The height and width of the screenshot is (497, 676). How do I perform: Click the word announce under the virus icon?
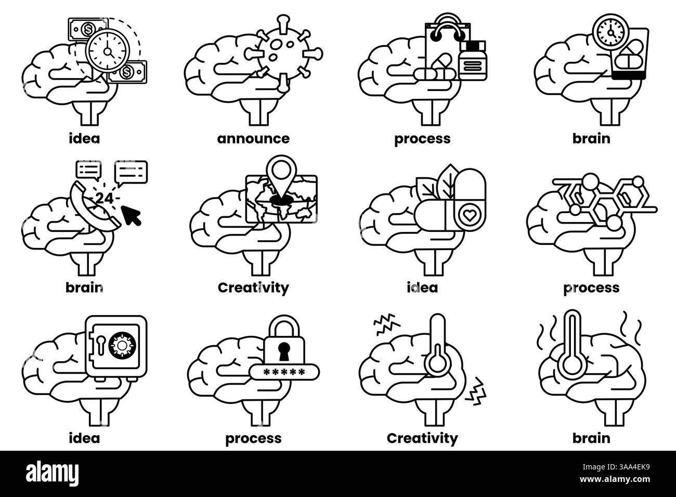pyautogui.click(x=253, y=139)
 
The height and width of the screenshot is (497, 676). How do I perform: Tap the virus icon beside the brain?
pyautogui.click(x=285, y=52)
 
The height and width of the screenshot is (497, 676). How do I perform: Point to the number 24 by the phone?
pyautogui.click(x=104, y=198)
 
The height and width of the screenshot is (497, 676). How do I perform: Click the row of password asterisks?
pyautogui.click(x=284, y=372)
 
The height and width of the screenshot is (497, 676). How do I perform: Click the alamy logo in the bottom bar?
pyautogui.click(x=48, y=475)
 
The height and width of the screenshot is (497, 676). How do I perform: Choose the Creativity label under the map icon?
pyautogui.click(x=253, y=287)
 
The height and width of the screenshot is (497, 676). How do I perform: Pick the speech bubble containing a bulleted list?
pyautogui.click(x=88, y=169)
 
